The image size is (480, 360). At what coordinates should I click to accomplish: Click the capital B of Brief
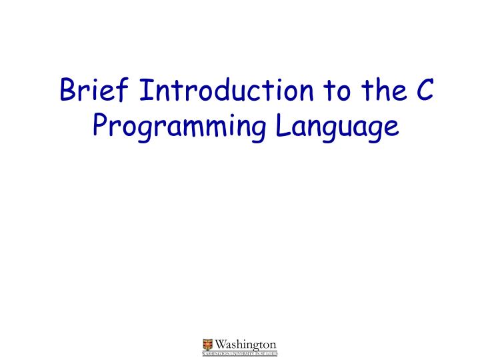(67, 91)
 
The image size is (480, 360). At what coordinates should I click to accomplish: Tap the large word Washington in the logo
(245, 343)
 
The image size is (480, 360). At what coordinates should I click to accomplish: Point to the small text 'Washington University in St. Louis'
(239, 353)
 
